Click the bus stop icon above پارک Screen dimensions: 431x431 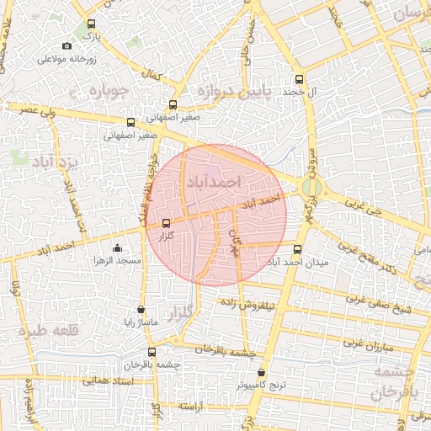coord(91,25)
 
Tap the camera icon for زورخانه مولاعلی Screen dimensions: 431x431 coord(67,46)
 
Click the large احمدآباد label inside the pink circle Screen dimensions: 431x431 coord(213,182)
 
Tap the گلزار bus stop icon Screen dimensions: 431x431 coord(165,223)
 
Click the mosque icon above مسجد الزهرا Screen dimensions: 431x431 coord(116,248)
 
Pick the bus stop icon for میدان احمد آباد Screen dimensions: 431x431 coord(296,249)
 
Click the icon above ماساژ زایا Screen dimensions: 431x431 coord(141,310)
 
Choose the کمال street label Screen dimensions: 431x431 coord(152,76)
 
